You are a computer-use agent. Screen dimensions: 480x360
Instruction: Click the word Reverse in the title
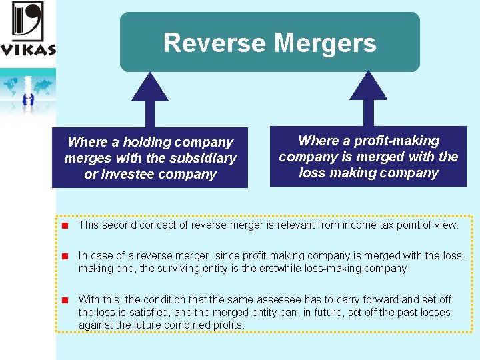pos(215,43)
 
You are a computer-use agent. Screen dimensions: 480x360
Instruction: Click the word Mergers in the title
pos(325,44)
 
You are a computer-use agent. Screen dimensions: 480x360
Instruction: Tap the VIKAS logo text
pos(28,49)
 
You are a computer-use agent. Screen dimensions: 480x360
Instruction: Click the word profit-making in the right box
pos(396,141)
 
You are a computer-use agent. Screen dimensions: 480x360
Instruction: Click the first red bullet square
pos(66,225)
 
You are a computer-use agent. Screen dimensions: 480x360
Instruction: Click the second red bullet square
pos(66,256)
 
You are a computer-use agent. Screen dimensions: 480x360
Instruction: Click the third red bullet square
pos(66,300)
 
